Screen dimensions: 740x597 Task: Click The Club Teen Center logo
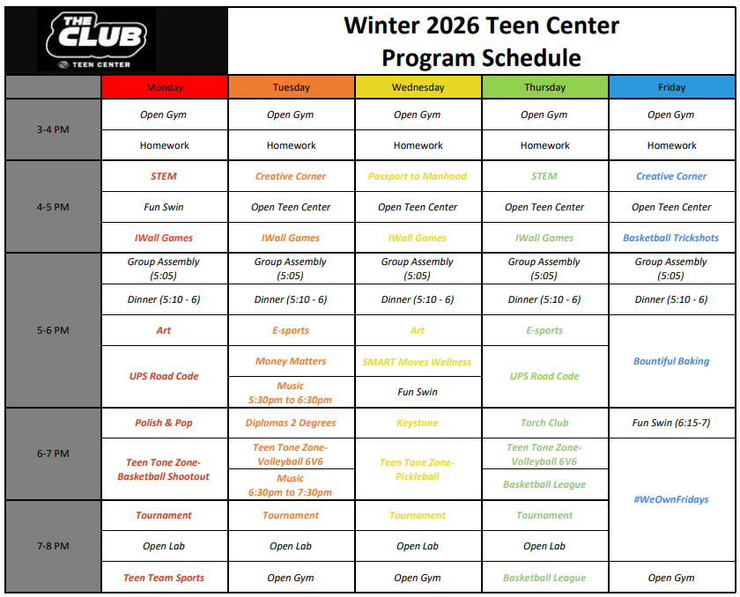[x=96, y=41]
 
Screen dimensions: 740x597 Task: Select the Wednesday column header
[x=418, y=87]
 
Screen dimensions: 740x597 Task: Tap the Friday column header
[x=672, y=87]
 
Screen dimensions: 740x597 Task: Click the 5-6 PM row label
[x=54, y=330]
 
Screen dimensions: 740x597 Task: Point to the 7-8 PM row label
[x=54, y=546]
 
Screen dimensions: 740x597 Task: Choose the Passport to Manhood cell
[x=418, y=176]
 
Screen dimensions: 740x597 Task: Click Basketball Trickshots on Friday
[x=672, y=238]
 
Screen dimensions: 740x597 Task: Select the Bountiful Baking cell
[x=672, y=361]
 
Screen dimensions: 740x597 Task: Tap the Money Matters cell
[x=292, y=361]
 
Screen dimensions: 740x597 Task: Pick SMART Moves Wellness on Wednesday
[x=418, y=362]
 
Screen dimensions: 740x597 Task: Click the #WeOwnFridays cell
[x=672, y=499]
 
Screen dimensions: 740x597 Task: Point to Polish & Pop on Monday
[x=164, y=423]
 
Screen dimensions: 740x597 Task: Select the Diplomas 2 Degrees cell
[x=292, y=423]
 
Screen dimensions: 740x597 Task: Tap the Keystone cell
[x=418, y=423]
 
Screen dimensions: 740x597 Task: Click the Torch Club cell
[x=545, y=423]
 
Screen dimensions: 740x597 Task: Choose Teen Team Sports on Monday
[x=164, y=578]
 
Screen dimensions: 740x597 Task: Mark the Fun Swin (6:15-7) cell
[x=672, y=423]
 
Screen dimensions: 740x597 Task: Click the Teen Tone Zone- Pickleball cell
[x=418, y=469]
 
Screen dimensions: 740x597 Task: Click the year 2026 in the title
[x=452, y=26]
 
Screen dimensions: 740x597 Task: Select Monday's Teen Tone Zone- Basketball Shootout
[x=164, y=469]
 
